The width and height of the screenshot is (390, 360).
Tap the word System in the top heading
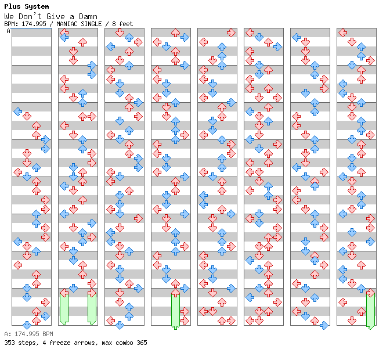(36, 6)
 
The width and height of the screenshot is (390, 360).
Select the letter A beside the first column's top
(8, 31)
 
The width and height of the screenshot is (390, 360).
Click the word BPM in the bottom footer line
(46, 334)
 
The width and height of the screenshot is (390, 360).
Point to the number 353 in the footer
(10, 343)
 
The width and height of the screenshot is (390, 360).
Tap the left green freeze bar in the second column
(64, 308)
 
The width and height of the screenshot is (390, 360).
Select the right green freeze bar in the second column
(92, 308)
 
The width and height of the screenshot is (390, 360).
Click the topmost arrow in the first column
(17, 111)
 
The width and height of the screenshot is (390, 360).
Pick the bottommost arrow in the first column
(27, 325)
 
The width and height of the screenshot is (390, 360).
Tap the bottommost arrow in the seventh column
(324, 325)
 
